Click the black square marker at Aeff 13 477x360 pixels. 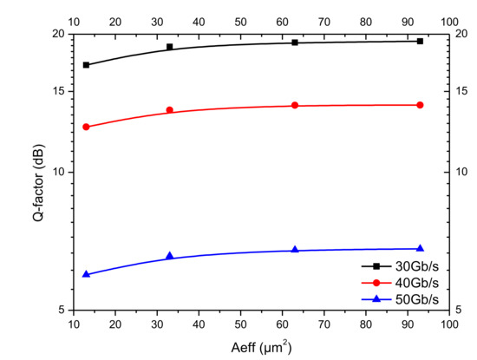point(86,65)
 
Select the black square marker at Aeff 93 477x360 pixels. point(420,41)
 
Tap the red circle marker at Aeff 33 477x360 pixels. point(169,110)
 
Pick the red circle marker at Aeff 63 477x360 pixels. point(295,105)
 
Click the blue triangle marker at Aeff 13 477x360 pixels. point(86,274)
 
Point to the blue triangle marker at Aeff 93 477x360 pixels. point(420,249)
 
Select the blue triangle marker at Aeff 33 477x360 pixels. point(169,256)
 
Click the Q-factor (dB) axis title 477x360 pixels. point(39,172)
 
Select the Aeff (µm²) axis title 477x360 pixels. point(261,346)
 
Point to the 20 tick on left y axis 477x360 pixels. point(59,34)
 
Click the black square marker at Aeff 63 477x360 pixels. point(295,42)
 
